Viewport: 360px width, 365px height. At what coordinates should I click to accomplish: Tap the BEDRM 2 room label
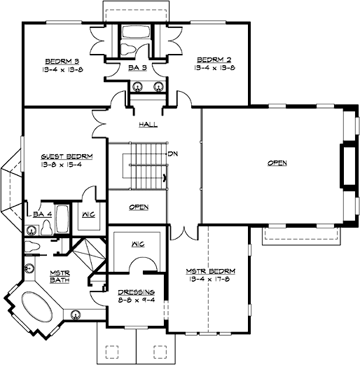tap(211, 60)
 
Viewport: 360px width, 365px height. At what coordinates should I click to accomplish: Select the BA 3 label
tap(137, 69)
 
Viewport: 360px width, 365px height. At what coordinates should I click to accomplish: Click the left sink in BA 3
tap(139, 88)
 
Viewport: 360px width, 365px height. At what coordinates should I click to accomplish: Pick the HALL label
tap(148, 124)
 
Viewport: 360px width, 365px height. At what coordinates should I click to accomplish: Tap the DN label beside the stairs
tap(172, 153)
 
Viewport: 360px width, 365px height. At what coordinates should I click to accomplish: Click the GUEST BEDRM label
tap(63, 157)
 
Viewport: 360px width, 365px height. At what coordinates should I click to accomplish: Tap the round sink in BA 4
tap(32, 229)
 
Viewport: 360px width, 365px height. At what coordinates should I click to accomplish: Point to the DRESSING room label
tap(137, 292)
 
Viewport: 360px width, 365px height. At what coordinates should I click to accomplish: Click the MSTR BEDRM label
tap(210, 270)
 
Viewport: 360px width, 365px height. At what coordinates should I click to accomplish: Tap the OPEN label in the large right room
tap(277, 163)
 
